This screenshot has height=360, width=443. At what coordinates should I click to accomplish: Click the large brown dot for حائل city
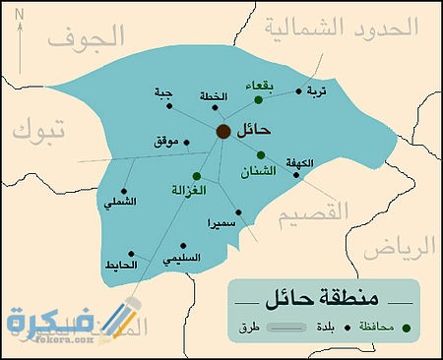pos(223,132)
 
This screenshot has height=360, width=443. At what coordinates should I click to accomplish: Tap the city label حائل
pos(254,130)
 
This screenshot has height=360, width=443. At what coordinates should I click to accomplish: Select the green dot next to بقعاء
pos(258,100)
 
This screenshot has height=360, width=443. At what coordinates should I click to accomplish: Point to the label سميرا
pos(221,224)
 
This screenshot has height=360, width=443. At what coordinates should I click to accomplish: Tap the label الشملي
pos(121,203)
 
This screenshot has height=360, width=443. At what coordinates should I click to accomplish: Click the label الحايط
pos(119,266)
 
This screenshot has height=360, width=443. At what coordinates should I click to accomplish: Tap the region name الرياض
pos(410,247)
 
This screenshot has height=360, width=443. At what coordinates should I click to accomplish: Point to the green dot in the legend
pos(408,327)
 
